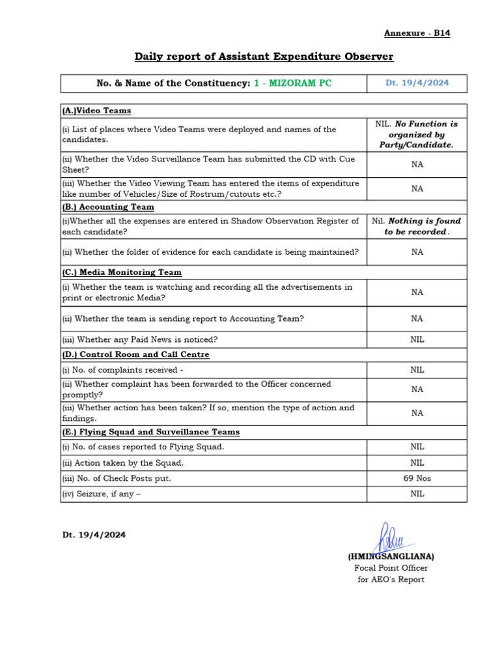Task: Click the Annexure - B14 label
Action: (x=417, y=33)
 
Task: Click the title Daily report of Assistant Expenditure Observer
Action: (x=264, y=57)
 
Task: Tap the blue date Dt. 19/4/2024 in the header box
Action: (x=417, y=83)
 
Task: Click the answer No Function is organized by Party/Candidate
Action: (x=417, y=134)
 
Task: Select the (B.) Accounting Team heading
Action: (x=108, y=207)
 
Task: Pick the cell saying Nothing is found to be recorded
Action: (x=417, y=226)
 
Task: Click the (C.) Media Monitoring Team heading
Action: (x=122, y=272)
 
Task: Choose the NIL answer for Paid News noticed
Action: (x=417, y=339)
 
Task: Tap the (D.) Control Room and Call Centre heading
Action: (x=135, y=355)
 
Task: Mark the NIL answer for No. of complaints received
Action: (x=417, y=370)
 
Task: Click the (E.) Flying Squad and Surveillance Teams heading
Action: (x=150, y=432)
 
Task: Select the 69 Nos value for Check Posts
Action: (x=417, y=478)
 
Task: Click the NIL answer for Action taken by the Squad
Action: (x=417, y=462)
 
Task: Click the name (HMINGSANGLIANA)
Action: (x=391, y=557)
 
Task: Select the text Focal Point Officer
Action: (x=391, y=568)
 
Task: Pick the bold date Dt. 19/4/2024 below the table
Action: (x=94, y=535)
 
